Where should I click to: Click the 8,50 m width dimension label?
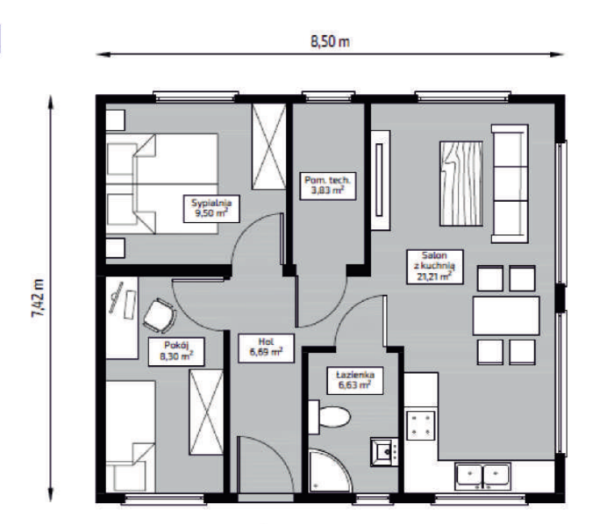coord(330,41)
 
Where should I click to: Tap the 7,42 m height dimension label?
coord(39,298)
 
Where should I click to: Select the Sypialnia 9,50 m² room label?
coord(211,209)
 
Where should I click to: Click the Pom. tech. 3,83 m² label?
coord(328,186)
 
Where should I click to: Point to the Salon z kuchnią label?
coord(435,267)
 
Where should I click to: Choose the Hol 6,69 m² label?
coord(267,348)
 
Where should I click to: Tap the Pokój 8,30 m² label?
coord(176,352)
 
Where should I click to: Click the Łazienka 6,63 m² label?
coord(355,380)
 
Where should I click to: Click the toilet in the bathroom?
coord(329,417)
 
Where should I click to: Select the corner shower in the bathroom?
coord(330,470)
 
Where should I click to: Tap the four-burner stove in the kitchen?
coord(420,426)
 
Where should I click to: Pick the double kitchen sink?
coord(482,476)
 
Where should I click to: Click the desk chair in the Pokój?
coord(160,315)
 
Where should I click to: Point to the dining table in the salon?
coord(506,316)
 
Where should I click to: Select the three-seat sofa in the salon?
coord(510,183)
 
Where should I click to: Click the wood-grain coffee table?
coord(461,183)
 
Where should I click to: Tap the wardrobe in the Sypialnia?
coord(268,147)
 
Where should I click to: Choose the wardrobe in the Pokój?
coord(206,412)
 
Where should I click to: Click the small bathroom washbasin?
coord(384,452)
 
